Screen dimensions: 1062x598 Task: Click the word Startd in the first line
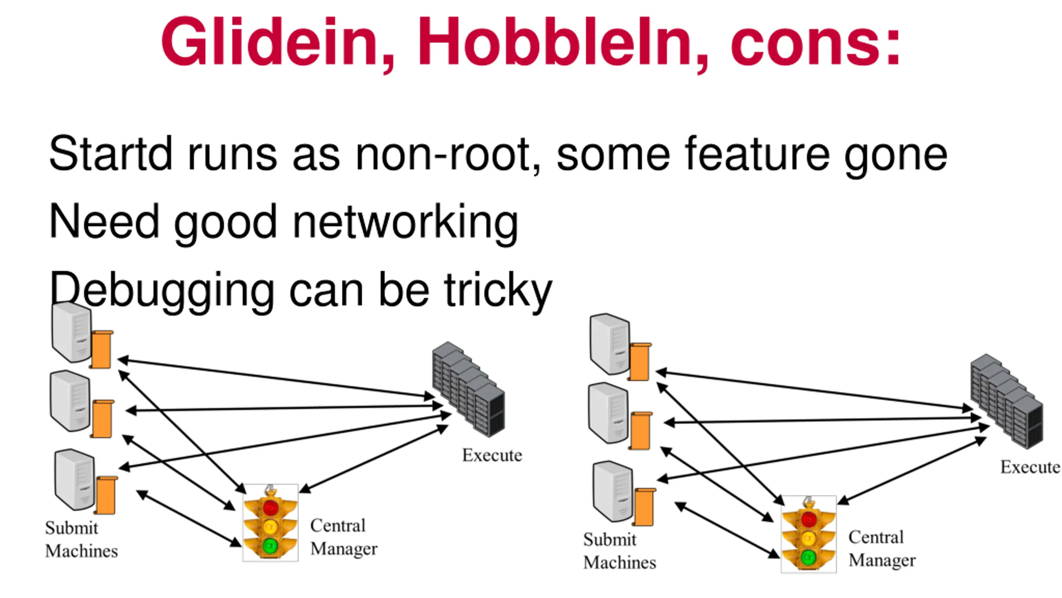pos(110,153)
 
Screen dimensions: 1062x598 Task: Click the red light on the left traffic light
pos(270,507)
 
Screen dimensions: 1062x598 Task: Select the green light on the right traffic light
pos(808,557)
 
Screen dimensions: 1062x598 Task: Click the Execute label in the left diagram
pos(492,455)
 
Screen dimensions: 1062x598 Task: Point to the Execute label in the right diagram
pos(1030,467)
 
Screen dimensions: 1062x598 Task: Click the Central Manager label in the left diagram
pos(344,537)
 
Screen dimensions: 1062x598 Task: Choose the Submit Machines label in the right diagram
pos(620,551)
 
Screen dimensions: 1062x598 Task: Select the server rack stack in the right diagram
pos(1006,401)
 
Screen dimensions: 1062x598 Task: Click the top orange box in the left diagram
pos(102,349)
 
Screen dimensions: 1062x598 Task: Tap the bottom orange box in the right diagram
pos(644,507)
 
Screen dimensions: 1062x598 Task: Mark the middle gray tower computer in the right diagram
pos(609,413)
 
